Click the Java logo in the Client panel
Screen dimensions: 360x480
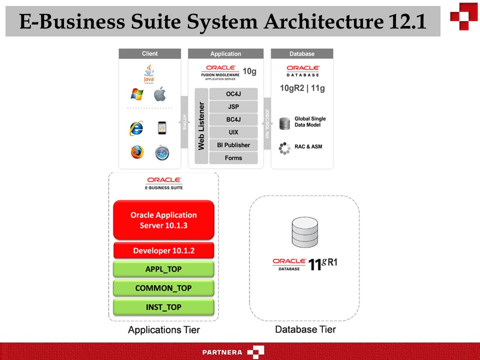pyautogui.click(x=149, y=73)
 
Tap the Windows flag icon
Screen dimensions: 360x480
pyautogui.click(x=136, y=94)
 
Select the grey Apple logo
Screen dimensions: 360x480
pyautogui.click(x=160, y=93)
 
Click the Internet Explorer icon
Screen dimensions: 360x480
pyautogui.click(x=136, y=128)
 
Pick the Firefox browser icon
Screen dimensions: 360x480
pyautogui.click(x=137, y=152)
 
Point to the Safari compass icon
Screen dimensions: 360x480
pyautogui.click(x=161, y=152)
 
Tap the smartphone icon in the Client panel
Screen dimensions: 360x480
pyautogui.click(x=161, y=128)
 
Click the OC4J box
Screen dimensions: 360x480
pyautogui.click(x=233, y=93)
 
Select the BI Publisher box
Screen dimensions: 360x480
pyautogui.click(x=233, y=145)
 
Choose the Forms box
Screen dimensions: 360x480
pyautogui.click(x=233, y=158)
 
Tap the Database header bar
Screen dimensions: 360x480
pyautogui.click(x=302, y=53)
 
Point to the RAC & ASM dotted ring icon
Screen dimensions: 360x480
pyautogui.click(x=284, y=148)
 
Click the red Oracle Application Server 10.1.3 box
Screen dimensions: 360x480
pyautogui.click(x=163, y=220)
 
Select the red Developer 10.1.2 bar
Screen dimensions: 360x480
pyautogui.click(x=163, y=250)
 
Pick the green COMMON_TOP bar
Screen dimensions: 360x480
pyautogui.click(x=163, y=288)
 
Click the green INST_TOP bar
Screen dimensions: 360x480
pyautogui.click(x=163, y=306)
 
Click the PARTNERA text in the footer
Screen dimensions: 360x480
pyautogui.click(x=222, y=352)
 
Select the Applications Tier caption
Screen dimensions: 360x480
pyautogui.click(x=163, y=329)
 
